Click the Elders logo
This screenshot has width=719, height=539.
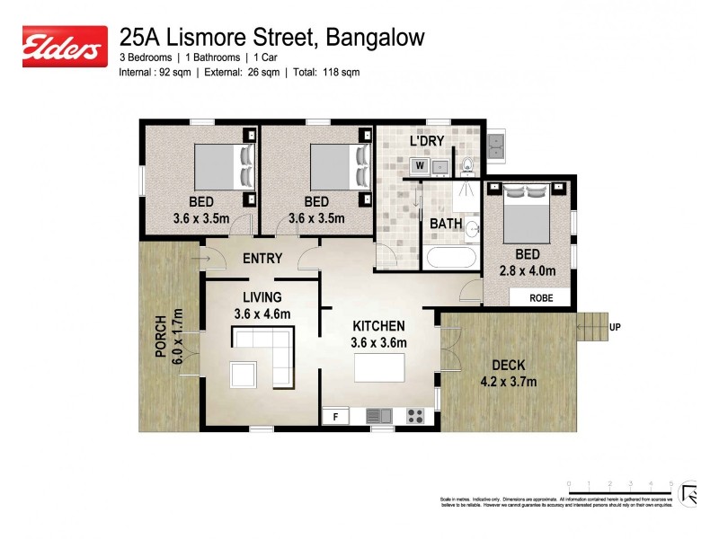coord(62,46)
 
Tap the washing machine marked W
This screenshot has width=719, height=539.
coord(420,165)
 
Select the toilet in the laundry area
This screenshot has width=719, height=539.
coord(466,166)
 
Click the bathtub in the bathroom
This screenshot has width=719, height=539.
coord(452,259)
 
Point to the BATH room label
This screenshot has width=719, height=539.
coord(446,223)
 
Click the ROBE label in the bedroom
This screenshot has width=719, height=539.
coord(540,297)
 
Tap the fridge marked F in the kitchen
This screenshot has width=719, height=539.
coord(336,416)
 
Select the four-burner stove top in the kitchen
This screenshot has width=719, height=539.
coord(415,416)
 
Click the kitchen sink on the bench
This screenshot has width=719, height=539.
coord(379,416)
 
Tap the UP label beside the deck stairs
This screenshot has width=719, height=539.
coord(615,326)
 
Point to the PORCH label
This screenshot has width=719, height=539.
coord(161,338)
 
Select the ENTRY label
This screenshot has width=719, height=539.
coord(262,259)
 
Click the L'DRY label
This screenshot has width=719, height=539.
coord(427,141)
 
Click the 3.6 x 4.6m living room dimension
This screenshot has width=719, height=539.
coord(262,314)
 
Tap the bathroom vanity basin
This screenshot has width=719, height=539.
coord(472,231)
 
